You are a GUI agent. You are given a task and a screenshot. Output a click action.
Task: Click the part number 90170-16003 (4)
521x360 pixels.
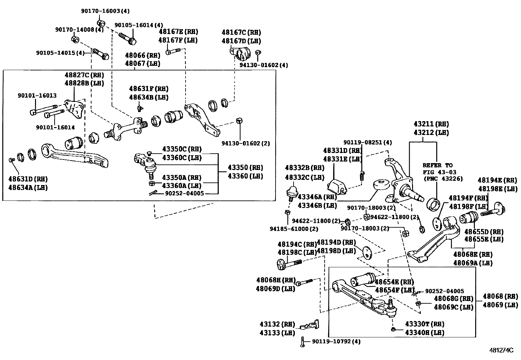pos(105,11)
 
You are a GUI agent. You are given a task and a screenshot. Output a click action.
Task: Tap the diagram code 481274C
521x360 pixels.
pos(501,350)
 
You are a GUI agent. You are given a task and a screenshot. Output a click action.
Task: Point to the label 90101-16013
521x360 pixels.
pos(37,96)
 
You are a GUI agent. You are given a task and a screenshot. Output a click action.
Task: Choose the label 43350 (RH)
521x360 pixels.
pos(245,168)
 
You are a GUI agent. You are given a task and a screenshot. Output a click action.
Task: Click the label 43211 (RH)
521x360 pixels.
pos(431,124)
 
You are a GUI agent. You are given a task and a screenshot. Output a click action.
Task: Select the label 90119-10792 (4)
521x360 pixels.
pos(336,341)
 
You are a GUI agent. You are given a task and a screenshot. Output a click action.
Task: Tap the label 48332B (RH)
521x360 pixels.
pos(304,168)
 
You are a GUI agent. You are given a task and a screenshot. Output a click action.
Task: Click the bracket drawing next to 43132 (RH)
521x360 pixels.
pos(310,326)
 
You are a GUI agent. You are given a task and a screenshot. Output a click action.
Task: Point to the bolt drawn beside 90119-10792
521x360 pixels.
pos(303,342)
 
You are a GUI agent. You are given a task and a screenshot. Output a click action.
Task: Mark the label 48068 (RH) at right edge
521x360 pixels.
pos(500,296)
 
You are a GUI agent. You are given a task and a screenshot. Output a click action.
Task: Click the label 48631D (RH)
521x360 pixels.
pos(28,179)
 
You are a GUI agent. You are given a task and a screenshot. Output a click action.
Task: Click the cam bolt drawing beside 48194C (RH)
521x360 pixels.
pos(290,263)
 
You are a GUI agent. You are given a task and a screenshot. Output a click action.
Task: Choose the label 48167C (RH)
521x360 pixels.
pos(241,32)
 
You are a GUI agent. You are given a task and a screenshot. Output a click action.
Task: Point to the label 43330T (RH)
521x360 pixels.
pos(424,324)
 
